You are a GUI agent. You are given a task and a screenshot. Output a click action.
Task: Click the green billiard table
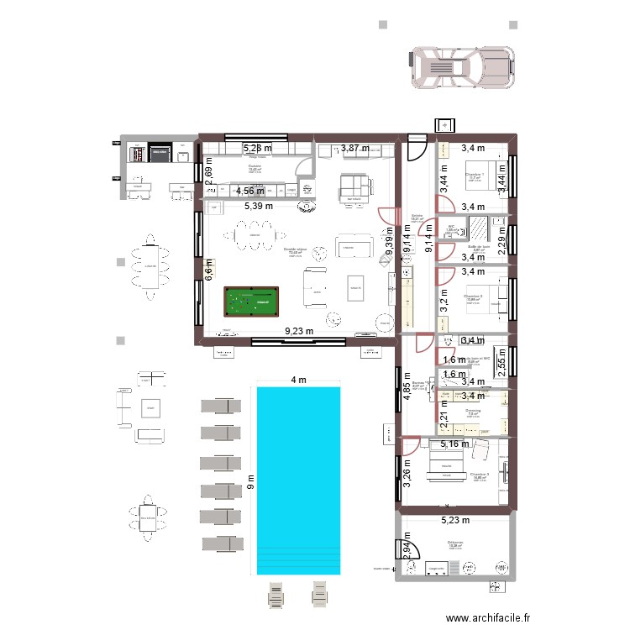pyautogui.click(x=250, y=301)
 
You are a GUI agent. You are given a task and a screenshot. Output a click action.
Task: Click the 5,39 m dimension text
pyautogui.click(x=260, y=206)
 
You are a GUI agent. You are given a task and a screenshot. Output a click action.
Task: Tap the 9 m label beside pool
pyautogui.click(x=249, y=481)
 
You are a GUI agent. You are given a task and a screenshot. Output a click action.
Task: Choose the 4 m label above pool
pyautogui.click(x=299, y=380)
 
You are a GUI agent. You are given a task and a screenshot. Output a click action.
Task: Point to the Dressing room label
pyautogui.click(x=473, y=412)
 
